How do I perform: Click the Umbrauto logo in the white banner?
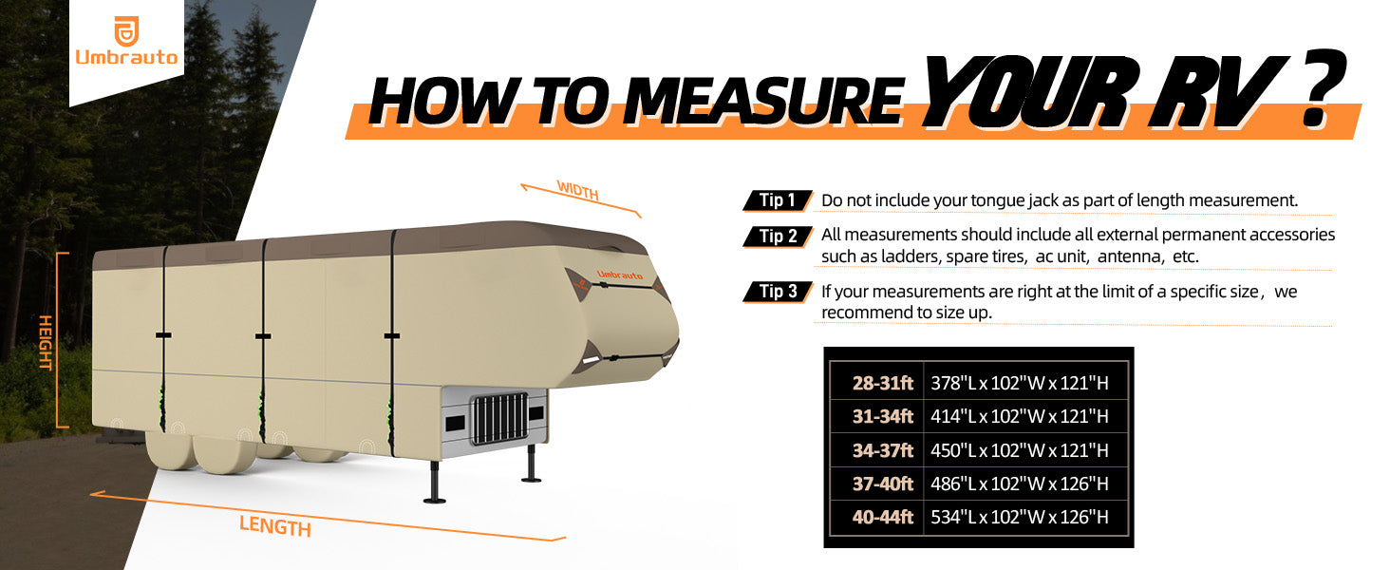126,41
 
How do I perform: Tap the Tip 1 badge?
778,200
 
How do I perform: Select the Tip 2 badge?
778,237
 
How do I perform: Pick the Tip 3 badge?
778,292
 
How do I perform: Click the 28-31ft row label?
882,383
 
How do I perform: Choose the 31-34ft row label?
882,416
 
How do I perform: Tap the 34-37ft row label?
882,450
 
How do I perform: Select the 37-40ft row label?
882,484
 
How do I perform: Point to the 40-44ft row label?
882,517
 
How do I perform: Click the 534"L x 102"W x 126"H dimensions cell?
1020,517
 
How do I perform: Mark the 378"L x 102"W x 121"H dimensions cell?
1020,383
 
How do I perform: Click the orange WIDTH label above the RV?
577,190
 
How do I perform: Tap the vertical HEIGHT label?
46,342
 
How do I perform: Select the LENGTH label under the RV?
275,526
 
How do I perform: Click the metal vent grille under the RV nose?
499,418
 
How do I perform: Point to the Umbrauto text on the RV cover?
620,275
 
